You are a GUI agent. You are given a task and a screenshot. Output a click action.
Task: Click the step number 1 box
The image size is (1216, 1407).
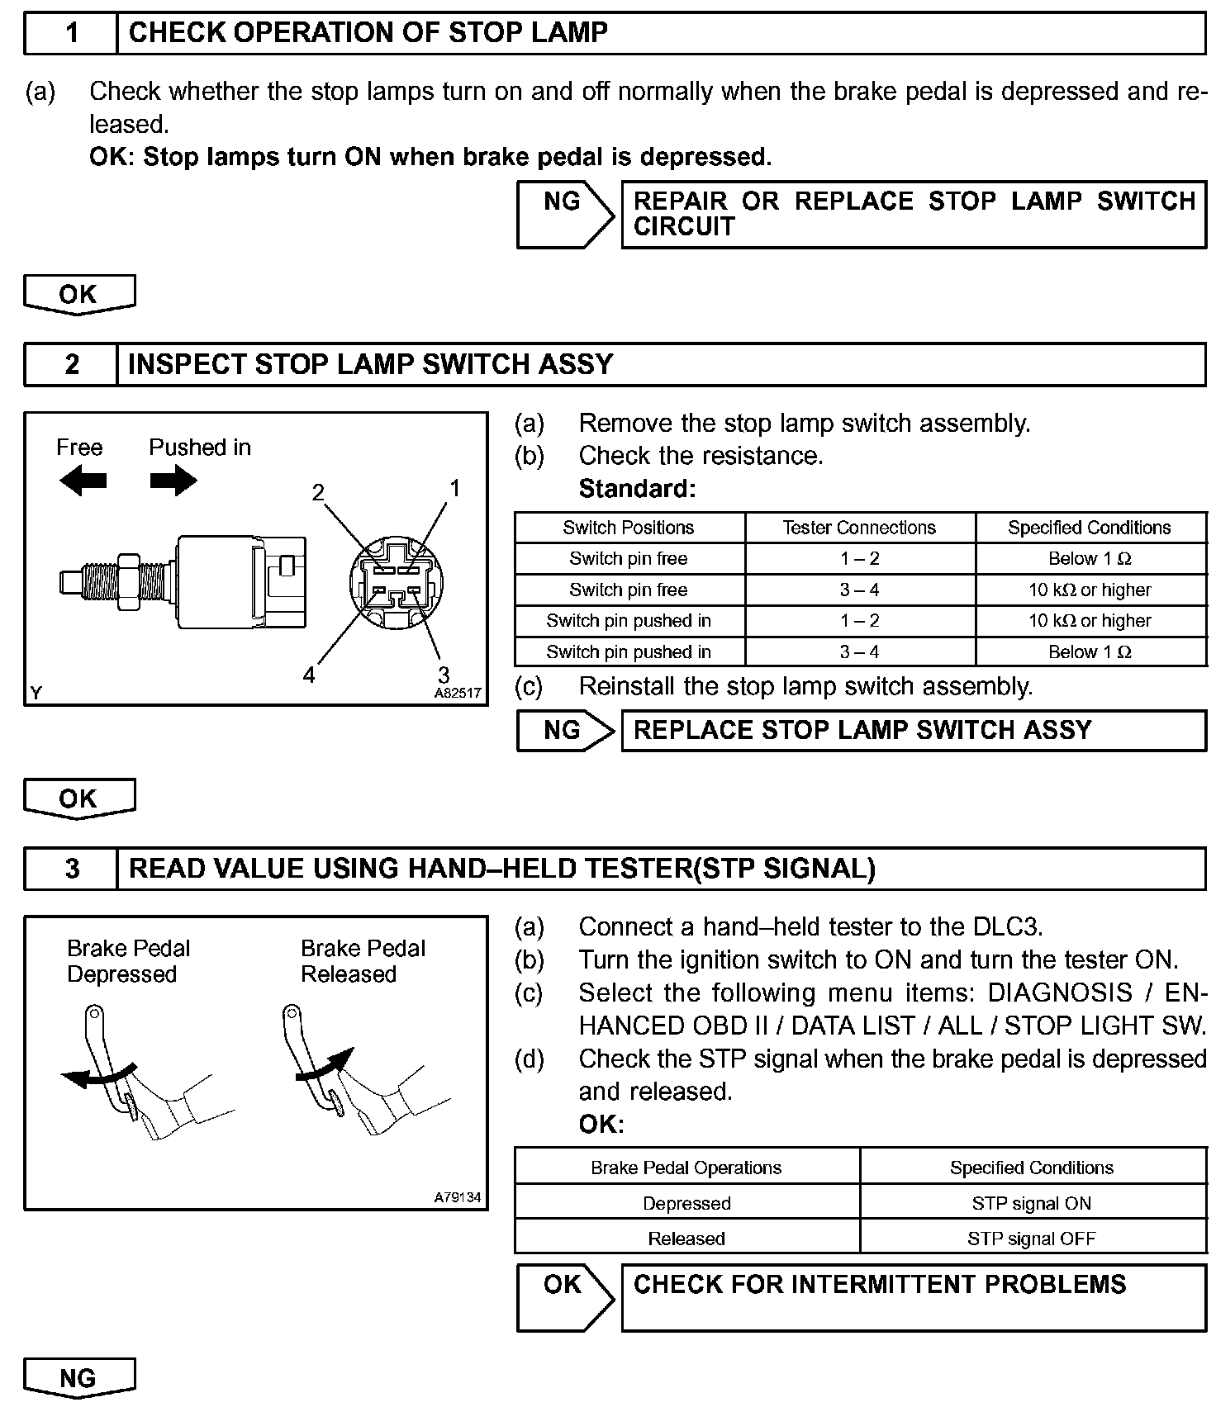point(72,33)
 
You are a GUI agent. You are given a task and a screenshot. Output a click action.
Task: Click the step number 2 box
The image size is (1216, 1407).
point(72,364)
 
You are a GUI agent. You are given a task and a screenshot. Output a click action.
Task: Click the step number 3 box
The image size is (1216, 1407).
point(72,869)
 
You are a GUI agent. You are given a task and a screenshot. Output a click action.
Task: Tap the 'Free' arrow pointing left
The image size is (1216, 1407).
point(83,481)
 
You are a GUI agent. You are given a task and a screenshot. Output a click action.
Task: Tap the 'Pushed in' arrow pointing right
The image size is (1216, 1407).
point(173,481)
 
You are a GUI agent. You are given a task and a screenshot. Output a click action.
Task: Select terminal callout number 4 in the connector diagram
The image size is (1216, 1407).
point(309,675)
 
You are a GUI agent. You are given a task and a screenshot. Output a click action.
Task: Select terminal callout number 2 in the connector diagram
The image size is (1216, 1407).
point(318,493)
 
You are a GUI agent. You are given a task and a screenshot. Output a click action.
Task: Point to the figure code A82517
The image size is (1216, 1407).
point(458,694)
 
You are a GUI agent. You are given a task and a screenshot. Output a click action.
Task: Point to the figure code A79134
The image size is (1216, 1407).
point(458,1196)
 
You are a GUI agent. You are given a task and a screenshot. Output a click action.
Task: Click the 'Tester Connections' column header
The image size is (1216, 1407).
point(859,528)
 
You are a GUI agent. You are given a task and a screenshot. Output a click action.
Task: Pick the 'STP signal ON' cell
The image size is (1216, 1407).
point(1032,1203)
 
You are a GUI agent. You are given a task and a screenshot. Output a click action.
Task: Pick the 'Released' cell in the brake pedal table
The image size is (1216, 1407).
point(686,1239)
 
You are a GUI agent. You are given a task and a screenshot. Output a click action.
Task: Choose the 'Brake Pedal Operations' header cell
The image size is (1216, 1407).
point(686,1168)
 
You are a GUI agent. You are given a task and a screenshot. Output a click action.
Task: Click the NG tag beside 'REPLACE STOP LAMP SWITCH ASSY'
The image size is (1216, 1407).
point(563,730)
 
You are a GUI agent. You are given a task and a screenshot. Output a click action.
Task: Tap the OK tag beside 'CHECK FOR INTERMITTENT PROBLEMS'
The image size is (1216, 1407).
point(563,1285)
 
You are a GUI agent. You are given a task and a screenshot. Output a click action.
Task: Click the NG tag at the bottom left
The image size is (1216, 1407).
point(78,1377)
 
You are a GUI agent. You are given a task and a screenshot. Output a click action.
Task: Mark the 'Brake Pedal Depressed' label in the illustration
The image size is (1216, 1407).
point(129,961)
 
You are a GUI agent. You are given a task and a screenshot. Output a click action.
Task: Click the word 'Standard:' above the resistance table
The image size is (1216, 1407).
point(638,489)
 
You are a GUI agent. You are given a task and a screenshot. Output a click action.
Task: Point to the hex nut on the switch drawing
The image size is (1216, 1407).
point(129,582)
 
